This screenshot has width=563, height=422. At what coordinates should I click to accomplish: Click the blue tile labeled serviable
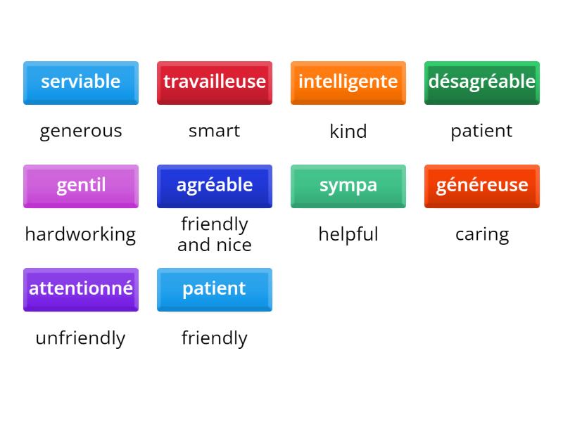click(80, 82)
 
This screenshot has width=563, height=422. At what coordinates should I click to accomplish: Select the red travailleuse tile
click(214, 82)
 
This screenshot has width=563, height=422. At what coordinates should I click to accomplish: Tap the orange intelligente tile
click(348, 82)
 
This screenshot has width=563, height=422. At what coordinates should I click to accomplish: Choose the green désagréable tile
click(481, 82)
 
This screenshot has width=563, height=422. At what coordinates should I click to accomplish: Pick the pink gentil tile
click(80, 186)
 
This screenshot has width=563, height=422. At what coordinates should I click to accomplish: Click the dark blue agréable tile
click(214, 186)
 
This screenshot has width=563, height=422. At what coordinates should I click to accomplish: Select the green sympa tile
click(348, 186)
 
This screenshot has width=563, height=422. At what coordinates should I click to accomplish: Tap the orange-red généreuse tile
click(481, 186)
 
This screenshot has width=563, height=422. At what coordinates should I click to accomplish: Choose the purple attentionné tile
click(80, 289)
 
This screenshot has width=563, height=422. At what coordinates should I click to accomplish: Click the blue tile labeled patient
click(214, 289)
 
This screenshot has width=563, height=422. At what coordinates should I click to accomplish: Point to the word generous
click(80, 131)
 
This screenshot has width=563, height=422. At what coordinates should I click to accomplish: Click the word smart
click(214, 131)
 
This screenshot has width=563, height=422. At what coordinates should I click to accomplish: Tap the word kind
click(348, 131)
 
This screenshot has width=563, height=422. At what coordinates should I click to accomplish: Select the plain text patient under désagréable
click(481, 131)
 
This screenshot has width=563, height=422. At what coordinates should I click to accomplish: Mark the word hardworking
click(80, 234)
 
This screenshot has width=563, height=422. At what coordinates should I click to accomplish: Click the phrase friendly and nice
click(214, 234)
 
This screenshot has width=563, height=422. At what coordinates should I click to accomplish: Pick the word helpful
click(348, 234)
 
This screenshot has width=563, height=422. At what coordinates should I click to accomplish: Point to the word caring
click(481, 234)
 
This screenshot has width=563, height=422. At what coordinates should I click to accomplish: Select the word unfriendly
click(80, 338)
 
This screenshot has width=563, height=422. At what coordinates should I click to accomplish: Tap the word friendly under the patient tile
click(214, 338)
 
